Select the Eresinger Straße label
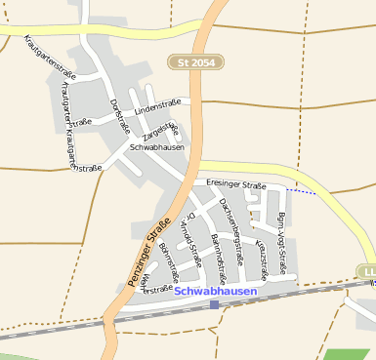[235, 184]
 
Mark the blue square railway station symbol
[214, 304]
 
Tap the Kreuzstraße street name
[262, 253]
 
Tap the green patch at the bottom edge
[349, 354]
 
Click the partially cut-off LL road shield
[367, 270]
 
